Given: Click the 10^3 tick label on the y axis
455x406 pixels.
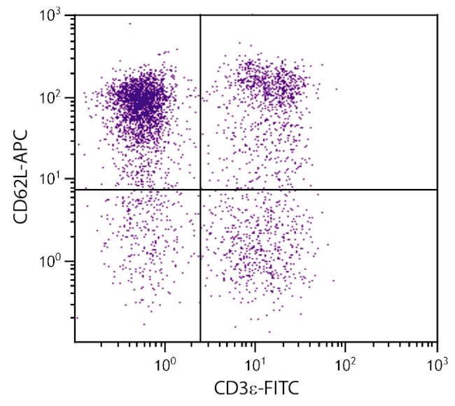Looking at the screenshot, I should point(55,15).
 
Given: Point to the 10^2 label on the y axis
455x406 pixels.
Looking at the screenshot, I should point(55,97).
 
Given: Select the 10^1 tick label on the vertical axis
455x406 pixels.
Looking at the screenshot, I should point(55,179).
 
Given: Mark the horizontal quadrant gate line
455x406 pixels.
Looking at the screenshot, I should point(315,190).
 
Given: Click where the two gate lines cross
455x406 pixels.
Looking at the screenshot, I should point(201,190).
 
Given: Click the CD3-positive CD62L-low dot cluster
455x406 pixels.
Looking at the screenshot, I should point(259,252).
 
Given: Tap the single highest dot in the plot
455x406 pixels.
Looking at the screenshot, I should point(129,24).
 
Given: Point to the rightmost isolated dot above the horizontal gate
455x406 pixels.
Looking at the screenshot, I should point(336,89).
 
